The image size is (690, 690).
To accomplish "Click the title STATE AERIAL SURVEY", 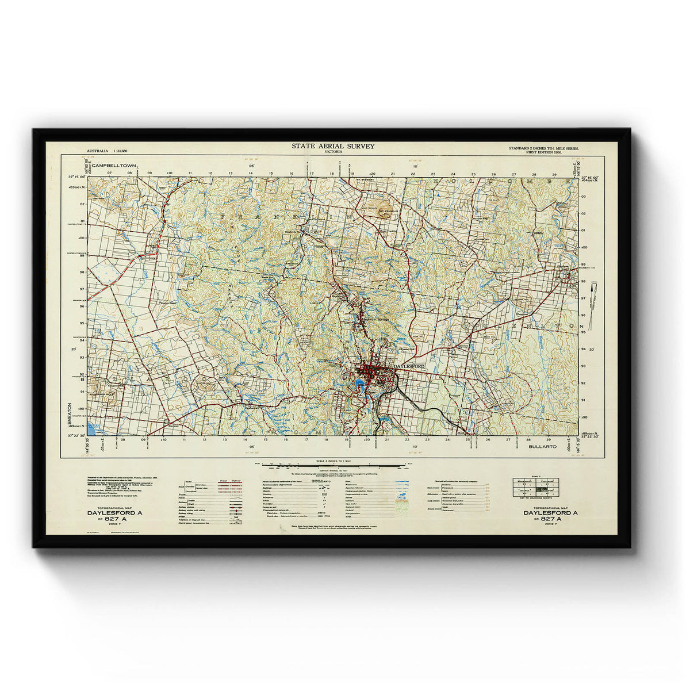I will [333, 146].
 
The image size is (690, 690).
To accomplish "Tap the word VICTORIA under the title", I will [333, 152].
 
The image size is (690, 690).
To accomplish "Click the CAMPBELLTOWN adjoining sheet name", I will [114, 166].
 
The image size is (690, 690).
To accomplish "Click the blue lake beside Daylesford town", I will [361, 385].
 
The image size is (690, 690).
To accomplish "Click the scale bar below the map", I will [332, 465].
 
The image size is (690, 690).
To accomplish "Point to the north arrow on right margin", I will [594, 292].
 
